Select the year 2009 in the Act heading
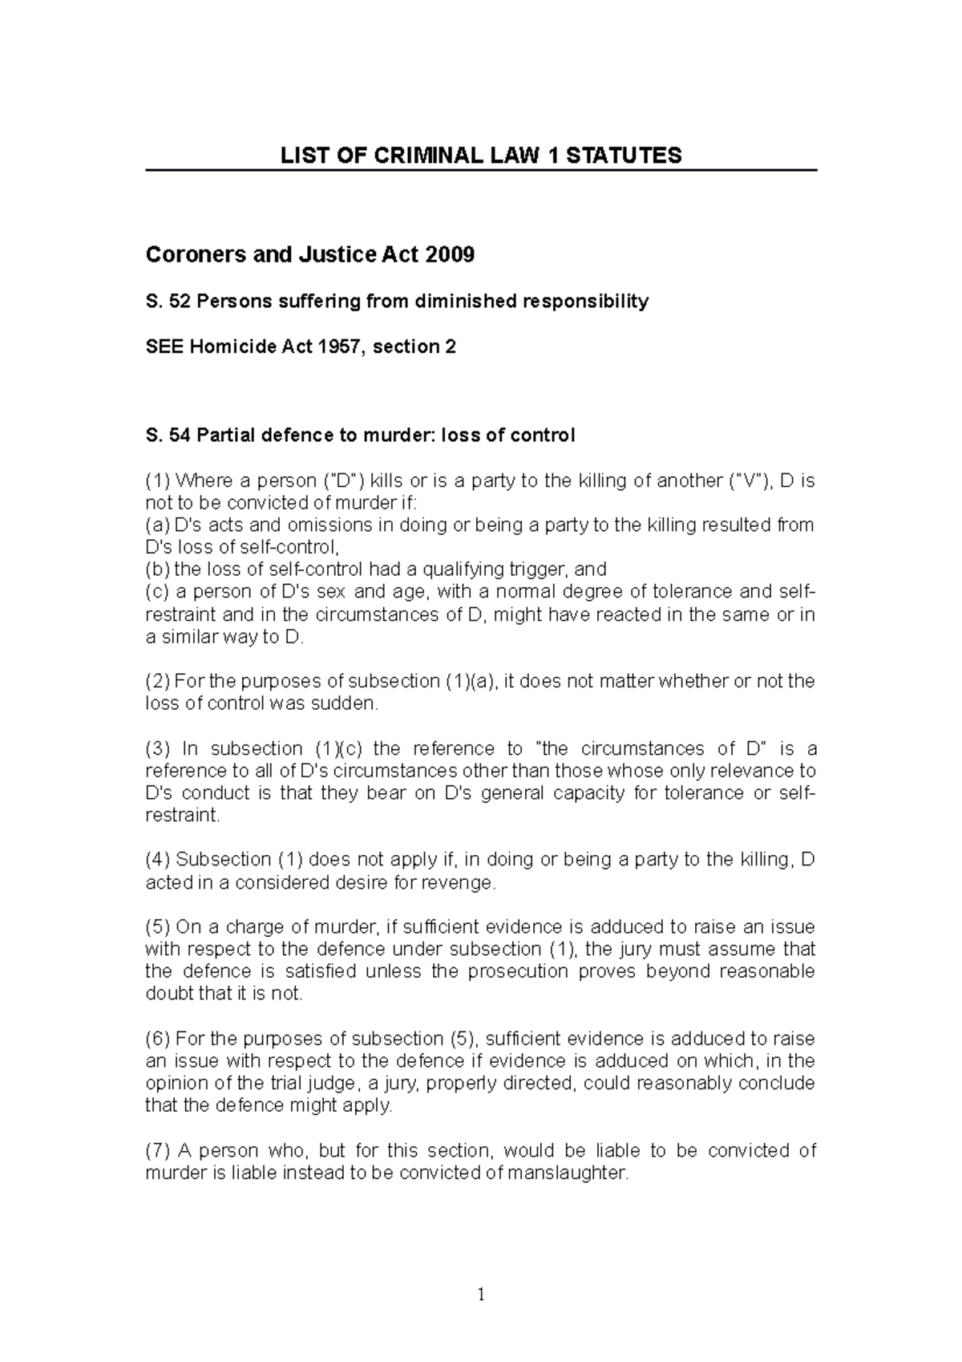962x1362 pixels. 451,255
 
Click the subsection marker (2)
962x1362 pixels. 157,681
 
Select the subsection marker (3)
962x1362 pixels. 157,748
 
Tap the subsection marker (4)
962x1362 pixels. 157,860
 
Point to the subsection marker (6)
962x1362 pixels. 157,1039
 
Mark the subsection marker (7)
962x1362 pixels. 157,1150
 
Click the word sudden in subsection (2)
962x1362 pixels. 349,703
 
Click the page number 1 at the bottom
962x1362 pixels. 480,1294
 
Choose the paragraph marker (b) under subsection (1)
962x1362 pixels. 157,570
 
